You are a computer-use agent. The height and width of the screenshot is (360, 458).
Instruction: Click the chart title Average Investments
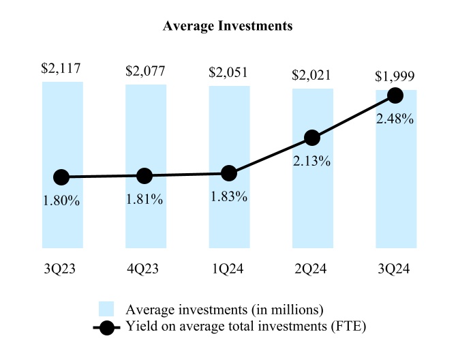(x=228, y=27)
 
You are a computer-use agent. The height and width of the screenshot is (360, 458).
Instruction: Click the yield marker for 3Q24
(x=395, y=95)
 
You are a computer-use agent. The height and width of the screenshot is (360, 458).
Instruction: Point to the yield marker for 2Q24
(x=312, y=138)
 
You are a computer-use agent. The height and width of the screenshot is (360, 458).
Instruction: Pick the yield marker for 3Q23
(x=61, y=177)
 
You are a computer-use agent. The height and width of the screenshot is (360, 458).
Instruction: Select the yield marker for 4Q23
(x=144, y=176)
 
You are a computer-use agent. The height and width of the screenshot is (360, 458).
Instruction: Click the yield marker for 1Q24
(x=229, y=174)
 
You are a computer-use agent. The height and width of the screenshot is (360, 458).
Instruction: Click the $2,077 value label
(x=145, y=70)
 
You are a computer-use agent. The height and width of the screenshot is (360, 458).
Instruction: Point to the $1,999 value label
(x=395, y=76)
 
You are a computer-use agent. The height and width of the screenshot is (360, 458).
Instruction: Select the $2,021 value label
(x=312, y=74)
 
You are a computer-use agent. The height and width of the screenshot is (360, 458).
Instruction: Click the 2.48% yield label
(x=395, y=119)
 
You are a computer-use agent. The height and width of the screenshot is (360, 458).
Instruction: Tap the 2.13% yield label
(x=312, y=162)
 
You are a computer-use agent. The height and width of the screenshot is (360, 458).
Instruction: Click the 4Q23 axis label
(x=145, y=269)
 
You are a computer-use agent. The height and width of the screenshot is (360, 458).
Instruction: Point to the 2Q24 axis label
(x=312, y=269)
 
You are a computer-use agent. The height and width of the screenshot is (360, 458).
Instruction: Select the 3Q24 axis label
(x=395, y=269)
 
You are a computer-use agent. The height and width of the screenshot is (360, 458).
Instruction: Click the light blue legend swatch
(x=106, y=309)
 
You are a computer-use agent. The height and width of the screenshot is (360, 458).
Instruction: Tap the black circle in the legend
(x=106, y=327)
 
